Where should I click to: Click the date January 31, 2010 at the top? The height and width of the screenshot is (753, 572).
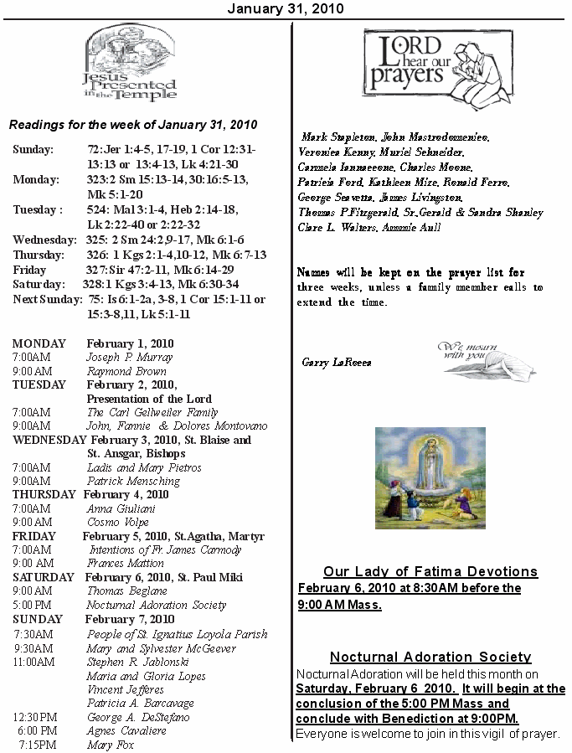(x=286, y=8)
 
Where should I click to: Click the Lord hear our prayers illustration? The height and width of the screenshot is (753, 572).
(x=438, y=64)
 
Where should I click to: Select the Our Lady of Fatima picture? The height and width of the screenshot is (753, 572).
(x=430, y=477)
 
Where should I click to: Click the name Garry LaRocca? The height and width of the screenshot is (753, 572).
(x=336, y=363)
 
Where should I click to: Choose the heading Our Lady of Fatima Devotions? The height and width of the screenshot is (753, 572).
(x=430, y=571)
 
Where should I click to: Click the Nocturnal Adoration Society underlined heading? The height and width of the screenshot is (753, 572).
(x=430, y=657)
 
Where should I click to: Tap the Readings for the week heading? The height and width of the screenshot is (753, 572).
(x=133, y=125)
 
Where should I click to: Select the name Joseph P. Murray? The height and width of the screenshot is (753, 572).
(x=123, y=357)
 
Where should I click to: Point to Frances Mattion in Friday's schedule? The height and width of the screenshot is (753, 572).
(x=126, y=564)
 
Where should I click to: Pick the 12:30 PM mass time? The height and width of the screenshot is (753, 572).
(x=35, y=717)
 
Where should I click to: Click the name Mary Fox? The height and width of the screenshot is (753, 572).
(x=111, y=745)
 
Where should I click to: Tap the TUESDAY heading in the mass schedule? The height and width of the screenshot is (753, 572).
(x=39, y=384)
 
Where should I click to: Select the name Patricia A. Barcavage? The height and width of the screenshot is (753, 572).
(x=141, y=704)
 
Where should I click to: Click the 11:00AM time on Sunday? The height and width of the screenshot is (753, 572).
(x=33, y=662)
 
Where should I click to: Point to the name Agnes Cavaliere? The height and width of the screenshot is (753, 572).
(x=126, y=731)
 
